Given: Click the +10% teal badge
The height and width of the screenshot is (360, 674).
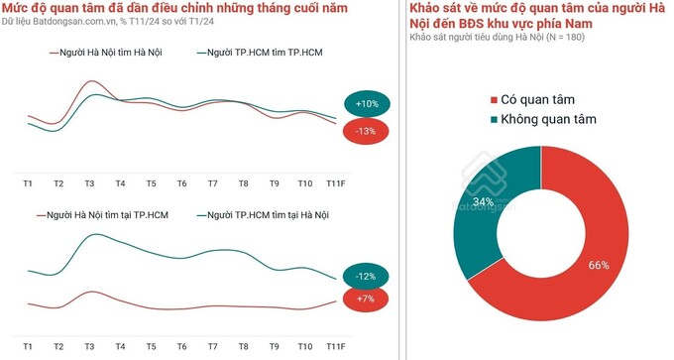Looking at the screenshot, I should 367,103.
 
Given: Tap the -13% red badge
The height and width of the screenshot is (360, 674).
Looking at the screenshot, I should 365,131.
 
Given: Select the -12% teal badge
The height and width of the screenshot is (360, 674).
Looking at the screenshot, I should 366,276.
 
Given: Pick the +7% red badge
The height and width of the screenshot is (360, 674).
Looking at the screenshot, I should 366,300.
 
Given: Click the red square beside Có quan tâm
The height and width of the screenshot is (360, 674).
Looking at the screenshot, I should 495,99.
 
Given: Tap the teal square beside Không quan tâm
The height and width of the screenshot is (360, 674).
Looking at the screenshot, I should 495,120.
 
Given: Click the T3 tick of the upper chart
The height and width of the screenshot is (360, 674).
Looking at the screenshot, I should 89,184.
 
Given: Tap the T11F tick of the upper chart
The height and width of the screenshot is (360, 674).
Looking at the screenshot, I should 335,184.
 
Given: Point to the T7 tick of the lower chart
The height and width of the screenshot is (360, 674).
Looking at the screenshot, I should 212,347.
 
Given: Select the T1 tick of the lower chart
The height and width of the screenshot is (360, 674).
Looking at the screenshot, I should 28,347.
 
